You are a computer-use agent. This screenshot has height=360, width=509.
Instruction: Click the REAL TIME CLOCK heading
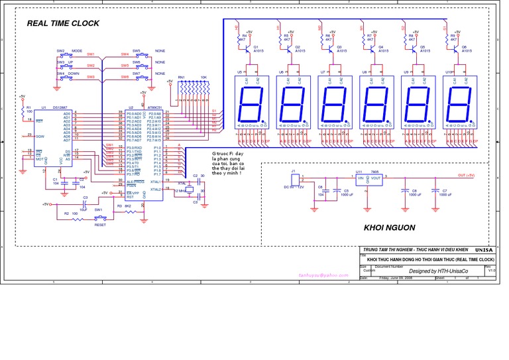click(x=63, y=23)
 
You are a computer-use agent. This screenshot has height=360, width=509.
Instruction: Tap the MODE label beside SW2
click(x=77, y=51)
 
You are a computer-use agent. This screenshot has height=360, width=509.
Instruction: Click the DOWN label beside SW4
click(x=74, y=74)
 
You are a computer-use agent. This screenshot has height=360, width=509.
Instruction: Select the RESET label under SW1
click(x=99, y=225)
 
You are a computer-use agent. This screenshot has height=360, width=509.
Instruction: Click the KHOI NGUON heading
click(x=389, y=227)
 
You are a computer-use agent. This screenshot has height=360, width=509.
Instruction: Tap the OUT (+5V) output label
click(x=466, y=175)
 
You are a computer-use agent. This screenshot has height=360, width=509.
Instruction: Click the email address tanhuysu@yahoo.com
click(x=323, y=274)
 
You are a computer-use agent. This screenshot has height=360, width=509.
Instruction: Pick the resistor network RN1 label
click(x=181, y=78)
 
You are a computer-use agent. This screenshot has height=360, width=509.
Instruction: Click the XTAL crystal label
click(x=182, y=182)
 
